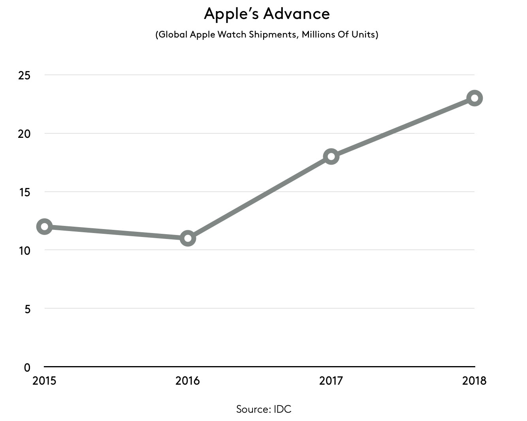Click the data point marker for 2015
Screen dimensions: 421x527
[x=45, y=226]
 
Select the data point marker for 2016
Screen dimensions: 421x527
[x=188, y=238]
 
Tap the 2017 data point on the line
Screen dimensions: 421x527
[x=331, y=156]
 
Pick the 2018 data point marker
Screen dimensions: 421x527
[x=474, y=98]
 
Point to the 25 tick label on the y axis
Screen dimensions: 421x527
[x=24, y=75]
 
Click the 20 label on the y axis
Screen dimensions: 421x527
[x=24, y=134]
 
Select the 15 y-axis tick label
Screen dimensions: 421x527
[x=24, y=192]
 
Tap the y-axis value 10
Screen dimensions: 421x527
[x=24, y=251]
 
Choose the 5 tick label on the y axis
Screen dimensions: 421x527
[x=27, y=309]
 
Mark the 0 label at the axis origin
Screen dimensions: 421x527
[x=27, y=367]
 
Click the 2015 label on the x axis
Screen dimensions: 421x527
[x=44, y=381]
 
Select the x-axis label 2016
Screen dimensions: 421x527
[x=188, y=381]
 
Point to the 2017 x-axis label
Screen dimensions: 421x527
[x=331, y=381]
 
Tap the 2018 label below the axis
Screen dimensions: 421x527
[x=474, y=381]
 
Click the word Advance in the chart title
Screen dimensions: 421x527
[x=296, y=14]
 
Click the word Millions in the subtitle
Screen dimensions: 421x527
[x=318, y=34]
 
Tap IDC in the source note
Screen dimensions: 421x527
[x=282, y=409]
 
